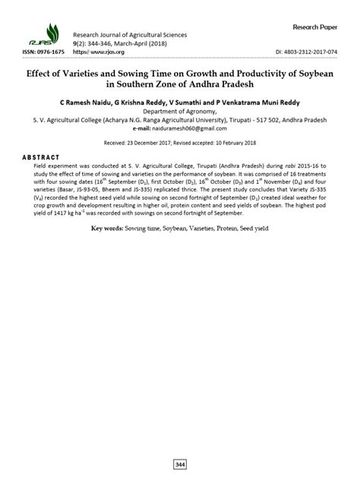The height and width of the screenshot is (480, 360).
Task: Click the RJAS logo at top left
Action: pyautogui.click(x=46, y=35)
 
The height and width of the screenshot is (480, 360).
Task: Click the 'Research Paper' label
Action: pyautogui.click(x=316, y=27)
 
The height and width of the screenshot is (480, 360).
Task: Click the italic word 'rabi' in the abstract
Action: pyautogui.click(x=262, y=165)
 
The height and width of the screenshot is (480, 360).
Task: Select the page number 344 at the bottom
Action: pyautogui.click(x=180, y=463)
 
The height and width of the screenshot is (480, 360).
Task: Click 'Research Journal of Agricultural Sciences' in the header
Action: pyautogui.click(x=129, y=35)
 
